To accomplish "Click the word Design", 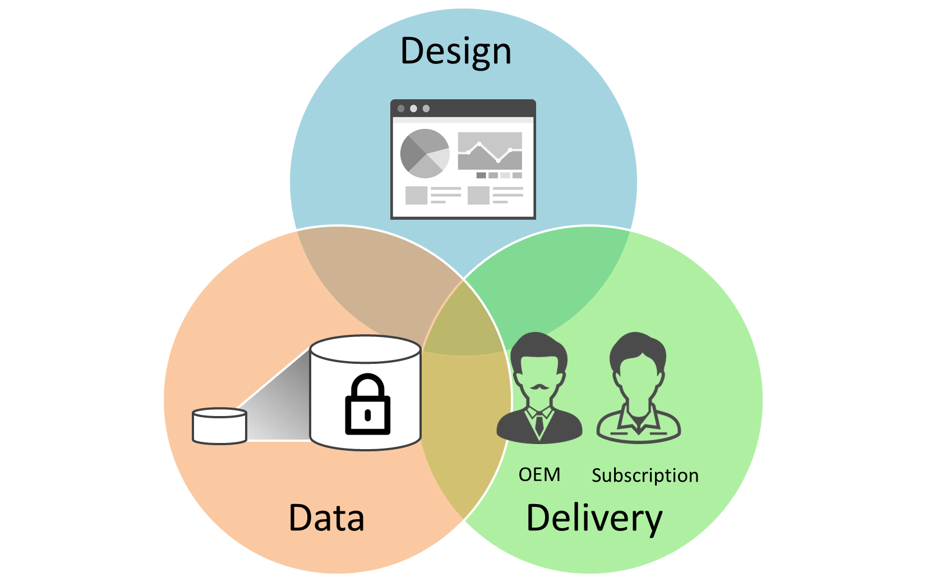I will pos(455,52).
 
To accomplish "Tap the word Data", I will pos(326,518).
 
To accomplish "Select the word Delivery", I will pos(594,519).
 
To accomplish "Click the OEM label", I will pos(539,475).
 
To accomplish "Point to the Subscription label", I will pos(645,475).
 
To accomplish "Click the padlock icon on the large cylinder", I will pos(367,404).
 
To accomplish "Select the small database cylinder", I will pos(219,426).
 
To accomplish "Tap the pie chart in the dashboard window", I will pos(425,153).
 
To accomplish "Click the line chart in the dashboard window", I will pos(490,151).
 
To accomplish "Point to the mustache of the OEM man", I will pos(539,387).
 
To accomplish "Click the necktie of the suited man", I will pos(539,423).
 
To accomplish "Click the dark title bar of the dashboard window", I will pos(463,108).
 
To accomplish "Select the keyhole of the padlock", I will pos(367,415).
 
